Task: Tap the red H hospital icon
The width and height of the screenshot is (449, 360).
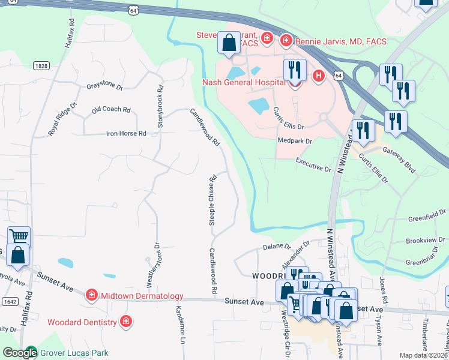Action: pyautogui.click(x=319, y=76)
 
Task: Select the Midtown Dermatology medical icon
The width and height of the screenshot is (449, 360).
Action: pyautogui.click(x=91, y=295)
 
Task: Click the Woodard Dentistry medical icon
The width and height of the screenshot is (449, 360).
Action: pyautogui.click(x=126, y=322)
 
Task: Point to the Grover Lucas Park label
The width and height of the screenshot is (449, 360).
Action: pyautogui.click(x=75, y=353)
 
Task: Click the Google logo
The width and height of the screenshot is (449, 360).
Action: pyautogui.click(x=19, y=353)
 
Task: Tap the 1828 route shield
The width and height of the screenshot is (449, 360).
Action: pyautogui.click(x=41, y=66)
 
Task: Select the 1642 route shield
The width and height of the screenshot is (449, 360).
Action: pyautogui.click(x=9, y=301)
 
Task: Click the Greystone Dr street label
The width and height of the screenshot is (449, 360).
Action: pyautogui.click(x=104, y=87)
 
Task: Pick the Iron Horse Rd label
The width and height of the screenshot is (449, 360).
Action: pyautogui.click(x=126, y=133)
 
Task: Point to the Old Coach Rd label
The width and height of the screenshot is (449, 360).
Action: pyautogui.click(x=111, y=110)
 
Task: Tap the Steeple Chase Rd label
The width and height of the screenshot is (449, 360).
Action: pyautogui.click(x=212, y=200)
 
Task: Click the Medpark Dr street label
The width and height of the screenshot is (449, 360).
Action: pyautogui.click(x=295, y=141)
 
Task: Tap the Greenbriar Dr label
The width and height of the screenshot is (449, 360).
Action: pyautogui.click(x=424, y=262)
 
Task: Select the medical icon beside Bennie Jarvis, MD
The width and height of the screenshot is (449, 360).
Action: pyautogui.click(x=286, y=41)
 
